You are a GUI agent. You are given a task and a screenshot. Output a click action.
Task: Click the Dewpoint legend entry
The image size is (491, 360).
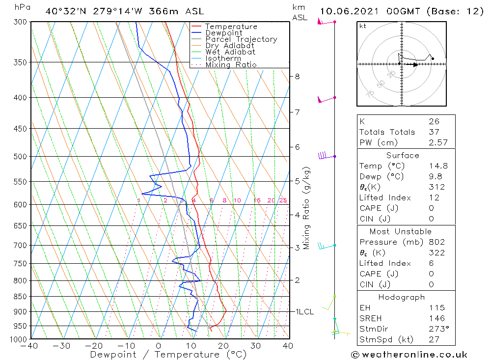(x=223, y=33)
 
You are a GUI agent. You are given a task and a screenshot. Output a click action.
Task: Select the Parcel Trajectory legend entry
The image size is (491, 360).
(x=241, y=39)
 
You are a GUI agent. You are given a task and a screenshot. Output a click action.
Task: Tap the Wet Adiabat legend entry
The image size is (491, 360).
(x=230, y=52)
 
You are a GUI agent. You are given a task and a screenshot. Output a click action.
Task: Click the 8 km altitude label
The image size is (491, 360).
(x=297, y=76)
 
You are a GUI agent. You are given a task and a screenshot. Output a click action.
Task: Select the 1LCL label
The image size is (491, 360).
(x=304, y=311)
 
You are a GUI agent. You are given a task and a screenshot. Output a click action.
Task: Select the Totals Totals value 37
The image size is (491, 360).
(x=434, y=132)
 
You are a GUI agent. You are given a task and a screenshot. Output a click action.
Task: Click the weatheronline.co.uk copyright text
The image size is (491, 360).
(x=409, y=355)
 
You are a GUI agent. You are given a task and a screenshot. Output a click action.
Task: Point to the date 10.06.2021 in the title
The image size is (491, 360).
(x=349, y=11)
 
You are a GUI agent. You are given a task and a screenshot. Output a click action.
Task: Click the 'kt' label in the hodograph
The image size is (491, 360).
(x=362, y=26)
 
